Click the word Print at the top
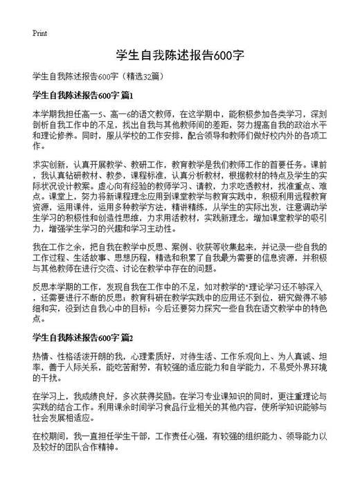(39, 33)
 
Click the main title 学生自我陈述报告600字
(179, 55)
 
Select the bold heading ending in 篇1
(82, 94)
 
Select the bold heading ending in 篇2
(82, 338)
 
